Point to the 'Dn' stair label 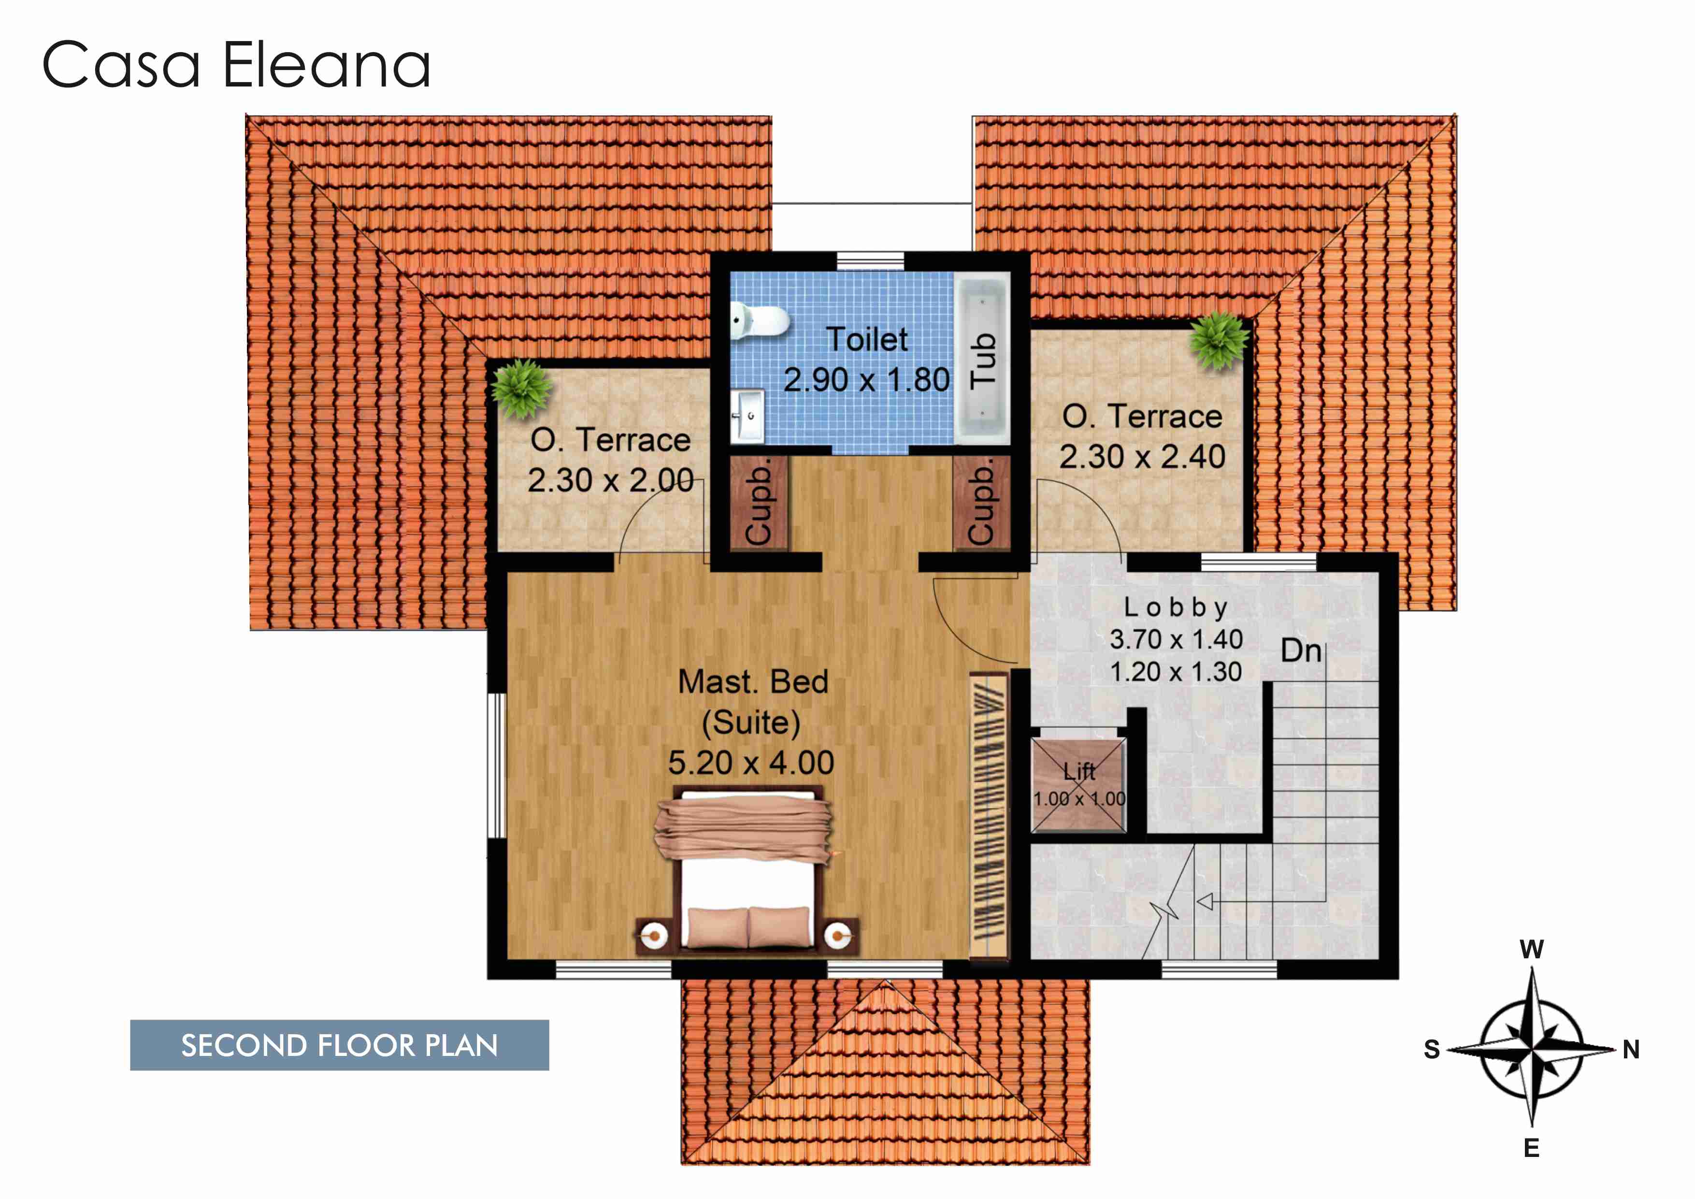tap(1301, 650)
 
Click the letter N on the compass tap(1631, 1049)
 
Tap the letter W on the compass tap(1532, 950)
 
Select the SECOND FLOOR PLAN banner tap(340, 1045)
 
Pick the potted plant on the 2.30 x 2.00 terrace tap(521, 388)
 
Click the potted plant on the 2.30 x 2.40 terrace tap(1219, 340)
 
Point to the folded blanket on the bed tap(743, 828)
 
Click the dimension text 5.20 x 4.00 tap(751, 762)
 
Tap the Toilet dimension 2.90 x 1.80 tap(867, 379)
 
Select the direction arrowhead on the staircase tap(1204, 901)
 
